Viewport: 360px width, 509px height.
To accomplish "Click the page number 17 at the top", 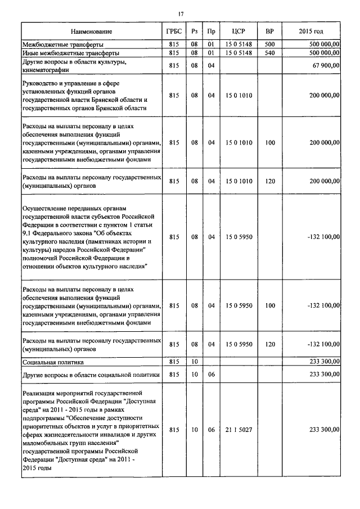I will point(181,13).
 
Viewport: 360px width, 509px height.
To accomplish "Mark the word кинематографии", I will point(46,70).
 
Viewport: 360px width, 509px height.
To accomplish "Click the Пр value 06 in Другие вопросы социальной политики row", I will point(211,373).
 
